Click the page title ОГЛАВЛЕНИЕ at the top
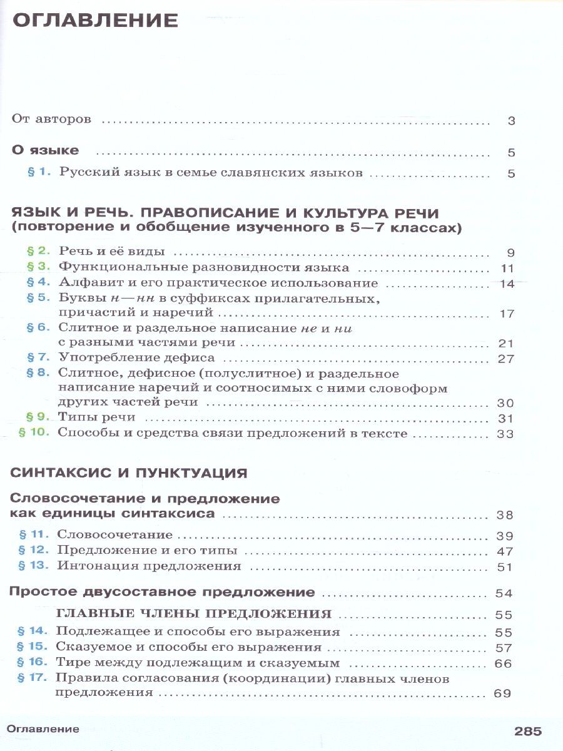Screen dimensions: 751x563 coord(96,21)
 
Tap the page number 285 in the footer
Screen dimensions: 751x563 coord(528,730)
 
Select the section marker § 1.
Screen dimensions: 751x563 coord(39,173)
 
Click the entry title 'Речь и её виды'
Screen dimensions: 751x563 coord(112,252)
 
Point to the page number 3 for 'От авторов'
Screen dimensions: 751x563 coord(511,121)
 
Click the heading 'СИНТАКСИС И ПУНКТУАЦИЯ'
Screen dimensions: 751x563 coord(129,473)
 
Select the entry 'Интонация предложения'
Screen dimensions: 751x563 coord(149,566)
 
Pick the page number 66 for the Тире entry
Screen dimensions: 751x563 coord(503,663)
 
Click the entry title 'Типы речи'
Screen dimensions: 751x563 coord(97,417)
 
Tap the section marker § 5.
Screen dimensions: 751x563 coord(38,298)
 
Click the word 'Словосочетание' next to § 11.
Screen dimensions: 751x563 coord(114,535)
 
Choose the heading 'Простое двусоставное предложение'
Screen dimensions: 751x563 coord(163,592)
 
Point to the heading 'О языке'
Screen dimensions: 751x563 coord(46,151)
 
